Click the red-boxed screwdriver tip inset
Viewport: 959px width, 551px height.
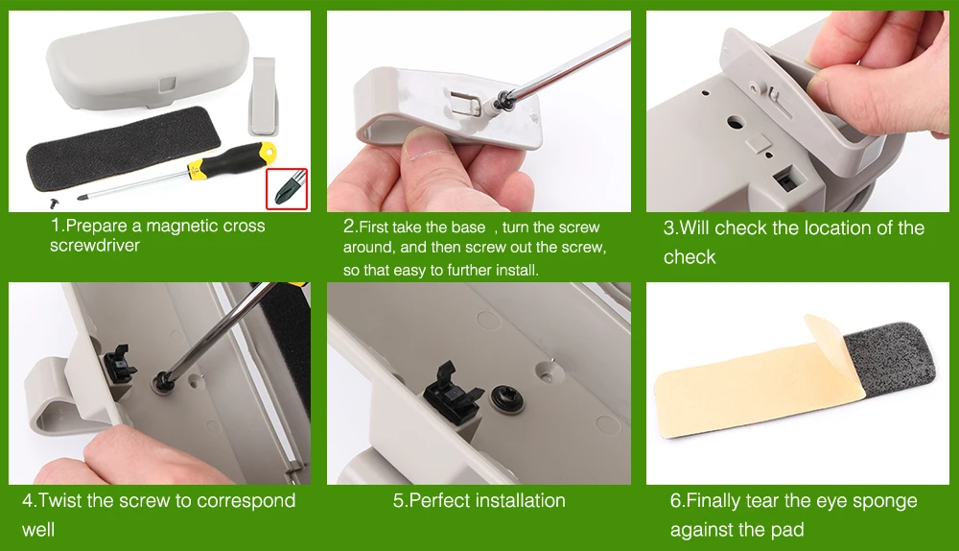tap(287, 188)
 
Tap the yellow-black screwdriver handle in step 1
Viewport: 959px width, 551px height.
tap(231, 159)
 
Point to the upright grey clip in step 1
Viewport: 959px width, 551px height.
tap(265, 96)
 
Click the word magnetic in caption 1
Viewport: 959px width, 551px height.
tap(174, 226)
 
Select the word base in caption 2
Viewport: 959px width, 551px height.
tap(468, 228)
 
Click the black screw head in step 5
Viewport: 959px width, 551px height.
tap(506, 398)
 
